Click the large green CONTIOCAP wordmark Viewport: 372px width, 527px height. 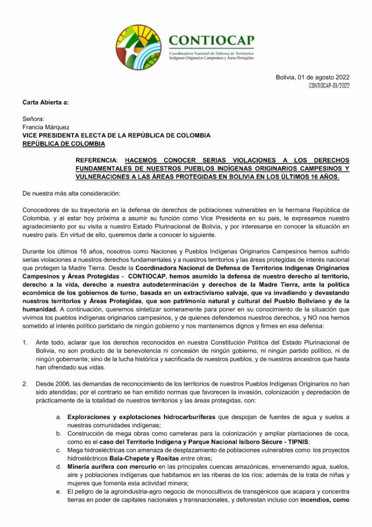click(211, 40)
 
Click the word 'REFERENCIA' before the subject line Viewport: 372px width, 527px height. click(96, 160)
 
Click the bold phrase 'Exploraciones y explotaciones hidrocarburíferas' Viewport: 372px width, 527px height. click(142, 416)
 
